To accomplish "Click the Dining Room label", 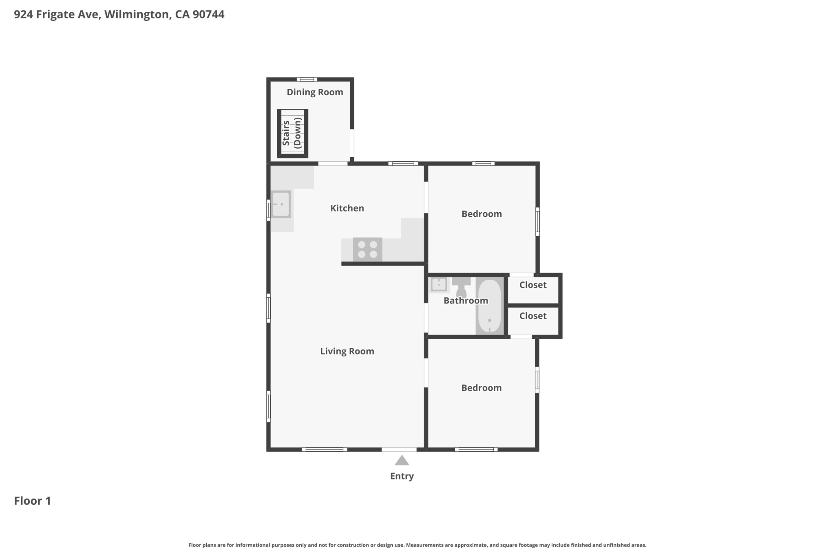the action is coord(315,92).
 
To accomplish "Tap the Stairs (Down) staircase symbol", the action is coord(292,133).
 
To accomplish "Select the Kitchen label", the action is coord(347,208).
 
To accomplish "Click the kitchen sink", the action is coord(281,204).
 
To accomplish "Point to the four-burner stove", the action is coord(367,249).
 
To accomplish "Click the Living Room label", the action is coord(347,351).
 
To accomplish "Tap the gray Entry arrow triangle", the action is coord(402,460).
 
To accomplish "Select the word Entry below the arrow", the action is coord(402,476).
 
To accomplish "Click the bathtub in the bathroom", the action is coord(490,306).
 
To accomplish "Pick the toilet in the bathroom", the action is coord(461,287).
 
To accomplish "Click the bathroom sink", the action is coord(439,284).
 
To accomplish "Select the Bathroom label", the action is coord(466,301).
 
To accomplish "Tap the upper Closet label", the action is coord(533,285).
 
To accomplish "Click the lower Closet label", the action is coord(533,316).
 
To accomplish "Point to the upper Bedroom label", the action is coord(482,214).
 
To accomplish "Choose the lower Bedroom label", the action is coord(482,388).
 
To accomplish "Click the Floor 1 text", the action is coord(33,501).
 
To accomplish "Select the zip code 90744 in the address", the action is coord(208,14).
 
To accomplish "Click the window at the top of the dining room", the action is coord(307,79).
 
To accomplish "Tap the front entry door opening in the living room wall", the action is coord(399,449).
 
